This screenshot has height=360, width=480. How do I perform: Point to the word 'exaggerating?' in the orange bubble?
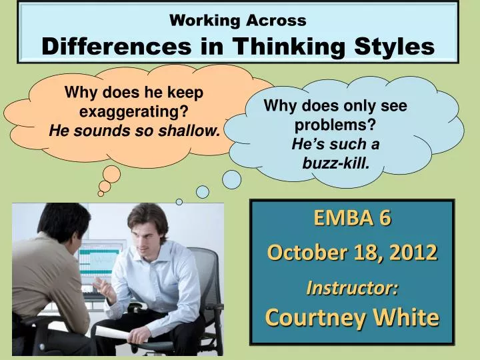pyautogui.click(x=133, y=112)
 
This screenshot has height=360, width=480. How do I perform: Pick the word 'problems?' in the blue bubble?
pyautogui.click(x=335, y=125)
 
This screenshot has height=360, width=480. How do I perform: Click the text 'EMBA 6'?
pyautogui.click(x=352, y=218)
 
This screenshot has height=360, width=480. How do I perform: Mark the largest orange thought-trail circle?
pyautogui.click(x=112, y=174)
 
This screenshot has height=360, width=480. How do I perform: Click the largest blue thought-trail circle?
pyautogui.click(x=231, y=179)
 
